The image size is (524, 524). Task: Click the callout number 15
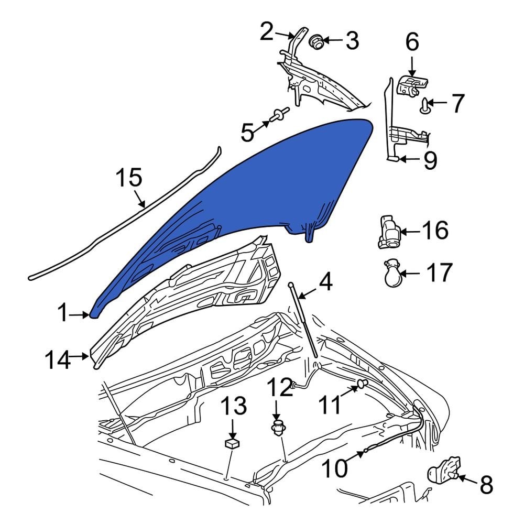coord(128,178)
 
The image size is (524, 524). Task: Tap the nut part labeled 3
coord(316,41)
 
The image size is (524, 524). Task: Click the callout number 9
coord(430,161)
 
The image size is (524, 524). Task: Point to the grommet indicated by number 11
coord(361,385)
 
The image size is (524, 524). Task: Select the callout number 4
coord(325,282)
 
